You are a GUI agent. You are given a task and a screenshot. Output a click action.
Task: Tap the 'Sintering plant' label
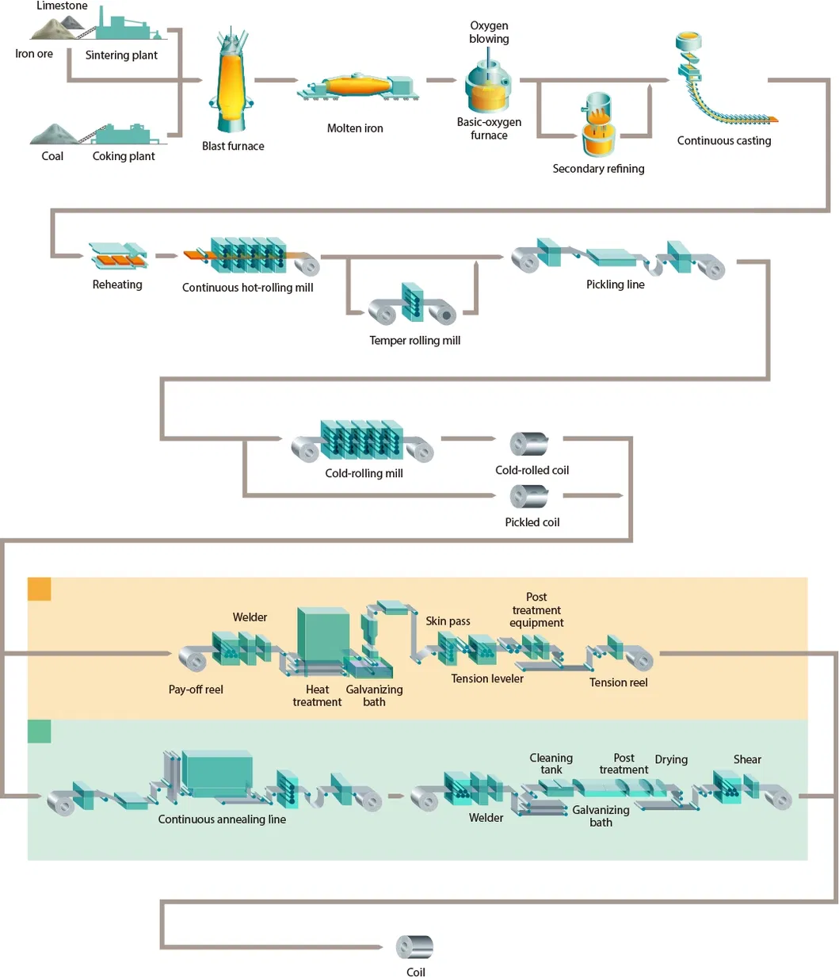click(121, 55)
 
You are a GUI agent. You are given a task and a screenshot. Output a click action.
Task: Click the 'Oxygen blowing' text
click(489, 32)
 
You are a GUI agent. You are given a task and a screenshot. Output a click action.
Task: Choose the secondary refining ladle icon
click(598, 127)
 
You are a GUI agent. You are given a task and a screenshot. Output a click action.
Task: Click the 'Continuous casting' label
click(723, 141)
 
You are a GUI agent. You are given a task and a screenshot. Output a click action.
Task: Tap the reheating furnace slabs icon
click(118, 255)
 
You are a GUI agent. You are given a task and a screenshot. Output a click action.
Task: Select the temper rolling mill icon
click(413, 304)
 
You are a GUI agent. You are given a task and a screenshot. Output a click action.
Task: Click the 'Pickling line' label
click(615, 285)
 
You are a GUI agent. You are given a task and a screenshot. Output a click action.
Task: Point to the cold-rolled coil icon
click(529, 444)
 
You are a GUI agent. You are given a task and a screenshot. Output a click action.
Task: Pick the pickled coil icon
click(529, 497)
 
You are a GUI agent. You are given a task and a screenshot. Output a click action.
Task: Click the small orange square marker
click(40, 589)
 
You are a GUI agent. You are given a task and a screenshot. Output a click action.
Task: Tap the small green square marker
click(40, 732)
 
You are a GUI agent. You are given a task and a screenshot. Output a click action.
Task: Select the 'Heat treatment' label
click(317, 696)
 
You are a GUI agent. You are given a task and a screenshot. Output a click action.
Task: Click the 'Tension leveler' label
click(487, 679)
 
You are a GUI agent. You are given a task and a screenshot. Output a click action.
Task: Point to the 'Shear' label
click(746, 759)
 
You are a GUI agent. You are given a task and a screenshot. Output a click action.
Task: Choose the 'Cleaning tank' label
click(551, 764)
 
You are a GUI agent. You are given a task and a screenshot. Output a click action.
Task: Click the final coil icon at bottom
click(415, 946)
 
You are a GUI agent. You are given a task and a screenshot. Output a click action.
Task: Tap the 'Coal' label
click(52, 156)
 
